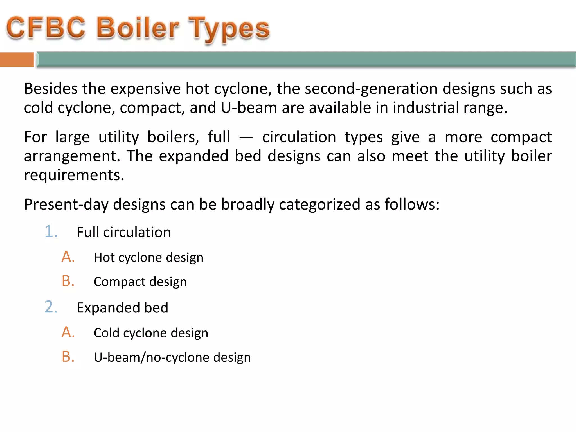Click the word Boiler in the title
click(x=138, y=28)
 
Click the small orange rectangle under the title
click(x=17, y=60)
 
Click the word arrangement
click(x=72, y=156)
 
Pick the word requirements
click(x=74, y=175)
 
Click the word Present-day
click(x=66, y=204)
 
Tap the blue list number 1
click(x=51, y=232)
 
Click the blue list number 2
click(x=51, y=307)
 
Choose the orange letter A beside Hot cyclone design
click(x=68, y=257)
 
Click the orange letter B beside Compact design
click(x=68, y=281)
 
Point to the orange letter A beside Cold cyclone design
click(x=68, y=332)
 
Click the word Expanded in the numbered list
click(x=108, y=308)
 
